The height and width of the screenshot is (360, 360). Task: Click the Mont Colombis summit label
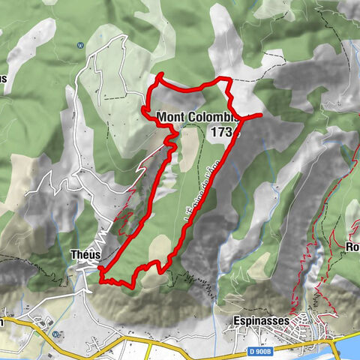[198, 117]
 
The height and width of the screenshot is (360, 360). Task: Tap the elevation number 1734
[224, 132]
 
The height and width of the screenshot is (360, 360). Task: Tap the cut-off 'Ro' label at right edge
[352, 247]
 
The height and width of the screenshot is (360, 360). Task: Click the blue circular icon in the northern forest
[80, 43]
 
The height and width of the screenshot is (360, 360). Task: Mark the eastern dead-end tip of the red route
[260, 115]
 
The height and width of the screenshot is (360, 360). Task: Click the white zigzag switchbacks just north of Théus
[105, 225]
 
